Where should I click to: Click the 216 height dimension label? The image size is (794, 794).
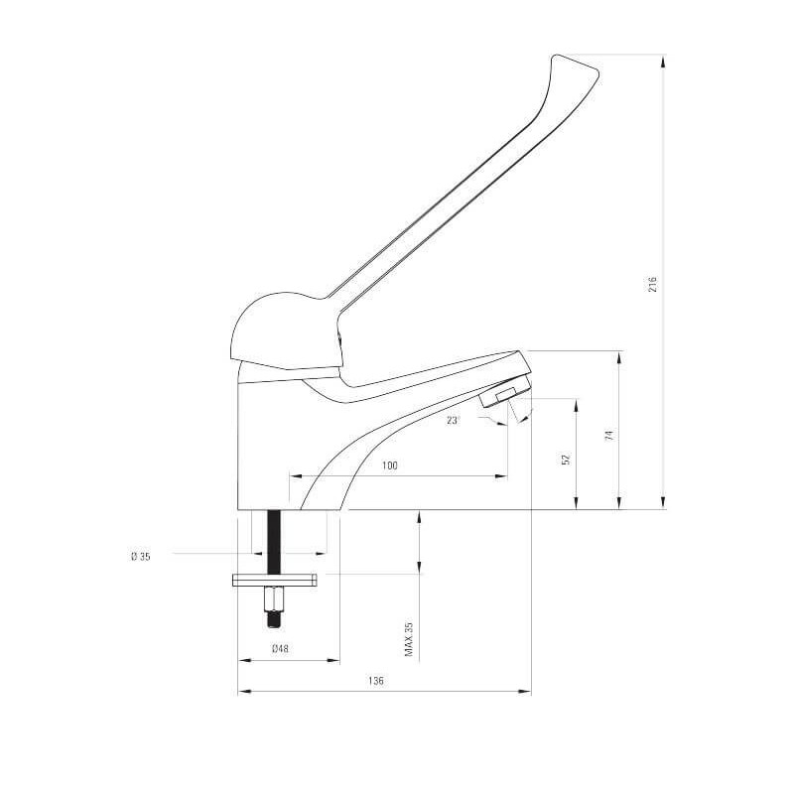pos(652,284)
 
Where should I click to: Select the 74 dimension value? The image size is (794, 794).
pos(609,435)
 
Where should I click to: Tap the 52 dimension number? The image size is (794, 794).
pos(567,459)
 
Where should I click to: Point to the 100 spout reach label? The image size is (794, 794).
pos(389,465)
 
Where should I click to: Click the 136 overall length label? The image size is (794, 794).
pos(376,681)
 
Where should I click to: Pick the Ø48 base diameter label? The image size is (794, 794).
pos(280,648)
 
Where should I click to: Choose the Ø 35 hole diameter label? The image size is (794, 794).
pos(140,557)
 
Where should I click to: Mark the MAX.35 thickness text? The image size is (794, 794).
pos(409,639)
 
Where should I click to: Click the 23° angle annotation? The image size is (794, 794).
pos(453,420)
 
